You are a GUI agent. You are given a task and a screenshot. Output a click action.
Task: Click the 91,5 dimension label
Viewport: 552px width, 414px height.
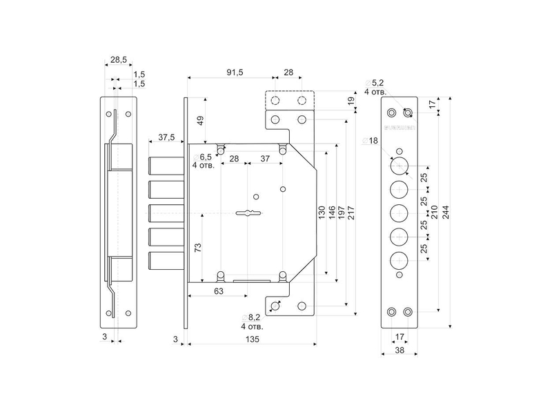pos(235,72)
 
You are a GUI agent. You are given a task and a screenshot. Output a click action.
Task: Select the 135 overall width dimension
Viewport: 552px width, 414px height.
pos(253,339)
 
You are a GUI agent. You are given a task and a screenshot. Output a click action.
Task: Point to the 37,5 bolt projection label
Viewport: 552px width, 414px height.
pos(166,137)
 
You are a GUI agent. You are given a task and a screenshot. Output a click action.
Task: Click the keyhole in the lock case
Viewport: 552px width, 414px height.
pos(249,213)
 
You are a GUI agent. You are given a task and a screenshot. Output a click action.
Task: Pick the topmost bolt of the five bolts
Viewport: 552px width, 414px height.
pos(166,166)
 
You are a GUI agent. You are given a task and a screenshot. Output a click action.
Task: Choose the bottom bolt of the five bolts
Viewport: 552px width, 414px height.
pos(166,261)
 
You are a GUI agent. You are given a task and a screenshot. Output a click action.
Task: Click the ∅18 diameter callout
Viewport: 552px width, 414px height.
pos(370,141)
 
